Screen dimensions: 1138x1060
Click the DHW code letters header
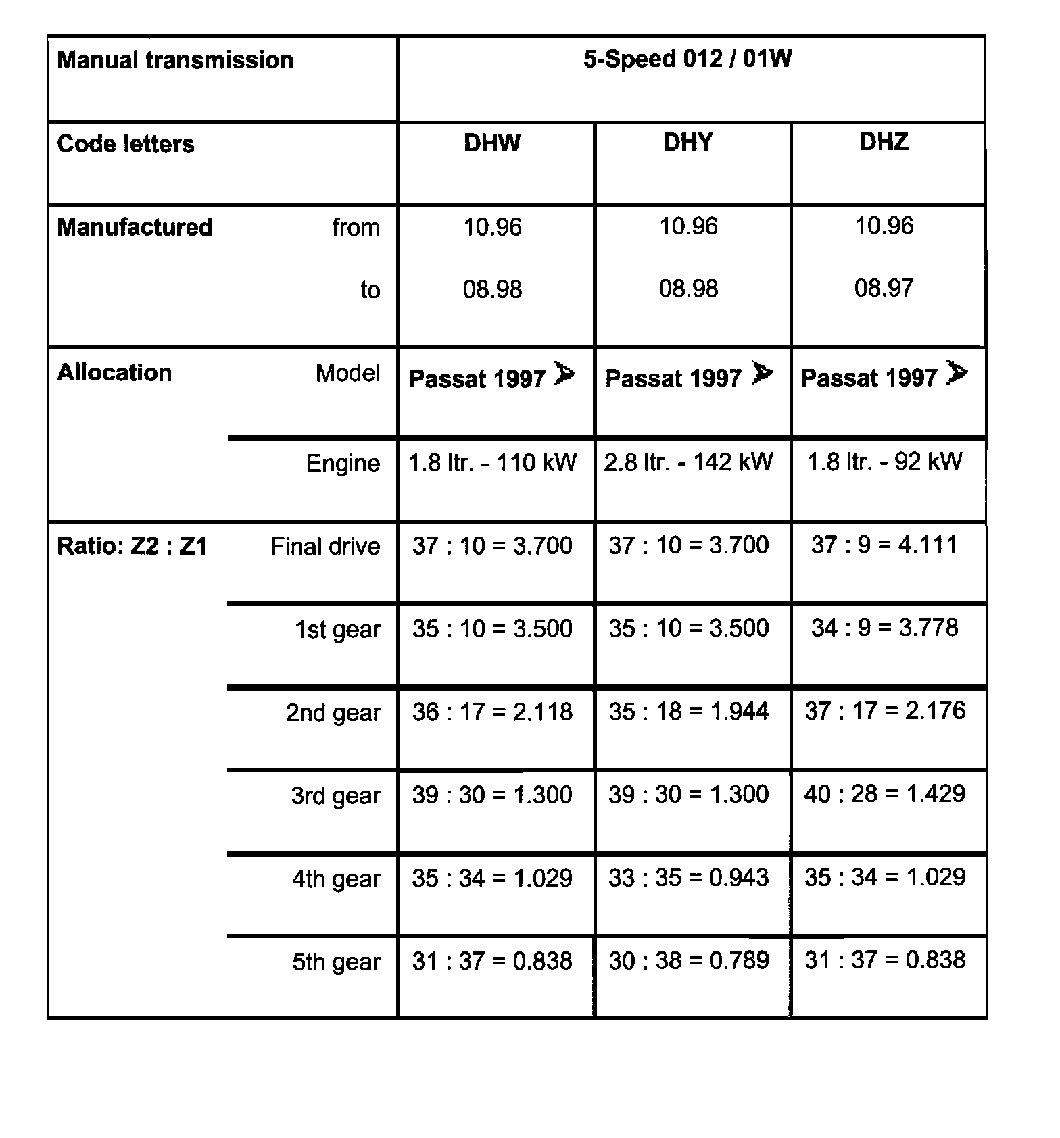point(492,143)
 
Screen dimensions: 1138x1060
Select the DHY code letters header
point(688,143)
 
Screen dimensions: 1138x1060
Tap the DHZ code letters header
point(884,142)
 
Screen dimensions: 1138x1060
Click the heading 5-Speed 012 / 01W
point(688,59)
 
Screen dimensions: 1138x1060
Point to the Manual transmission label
point(175,60)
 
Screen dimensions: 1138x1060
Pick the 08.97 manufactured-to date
point(884,289)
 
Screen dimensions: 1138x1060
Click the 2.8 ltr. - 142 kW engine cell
point(688,462)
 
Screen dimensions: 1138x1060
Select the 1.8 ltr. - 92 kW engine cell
point(884,462)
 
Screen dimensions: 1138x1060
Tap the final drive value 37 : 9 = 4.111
point(884,545)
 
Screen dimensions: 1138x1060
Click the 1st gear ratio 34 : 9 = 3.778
point(884,628)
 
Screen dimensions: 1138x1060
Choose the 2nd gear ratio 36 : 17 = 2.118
point(492,712)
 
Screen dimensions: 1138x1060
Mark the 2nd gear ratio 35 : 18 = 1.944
point(688,711)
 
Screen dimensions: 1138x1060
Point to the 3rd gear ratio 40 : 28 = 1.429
point(884,794)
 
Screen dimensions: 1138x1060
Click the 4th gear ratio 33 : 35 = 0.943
point(688,878)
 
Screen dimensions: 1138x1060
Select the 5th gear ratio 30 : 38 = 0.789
point(688,960)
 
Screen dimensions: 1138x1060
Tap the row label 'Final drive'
point(325,546)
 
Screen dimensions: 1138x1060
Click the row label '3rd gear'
point(335,796)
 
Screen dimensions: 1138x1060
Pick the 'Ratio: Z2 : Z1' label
point(132,546)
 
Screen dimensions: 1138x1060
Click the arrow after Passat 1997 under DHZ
point(957,373)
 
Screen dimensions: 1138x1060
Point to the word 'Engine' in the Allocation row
point(343,464)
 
